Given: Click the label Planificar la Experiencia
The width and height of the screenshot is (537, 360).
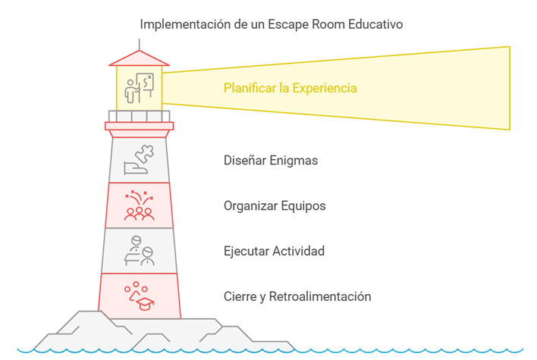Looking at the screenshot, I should pyautogui.click(x=290, y=89).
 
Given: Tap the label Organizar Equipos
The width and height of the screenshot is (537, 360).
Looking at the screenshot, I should pyautogui.click(x=274, y=205).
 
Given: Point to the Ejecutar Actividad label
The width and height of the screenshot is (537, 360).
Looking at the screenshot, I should pyautogui.click(x=274, y=250).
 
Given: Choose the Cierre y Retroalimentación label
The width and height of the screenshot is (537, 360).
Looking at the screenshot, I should pyautogui.click(x=297, y=296).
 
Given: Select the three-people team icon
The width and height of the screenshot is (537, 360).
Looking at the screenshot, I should pyautogui.click(x=139, y=205).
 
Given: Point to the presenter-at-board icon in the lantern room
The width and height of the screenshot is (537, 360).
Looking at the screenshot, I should pyautogui.click(x=139, y=88).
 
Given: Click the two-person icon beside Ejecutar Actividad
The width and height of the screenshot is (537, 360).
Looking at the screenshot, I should pyautogui.click(x=139, y=251).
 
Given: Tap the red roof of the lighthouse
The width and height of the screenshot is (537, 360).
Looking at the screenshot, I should pyautogui.click(x=138, y=58).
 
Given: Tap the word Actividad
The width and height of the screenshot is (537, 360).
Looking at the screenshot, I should pyautogui.click(x=297, y=250).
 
